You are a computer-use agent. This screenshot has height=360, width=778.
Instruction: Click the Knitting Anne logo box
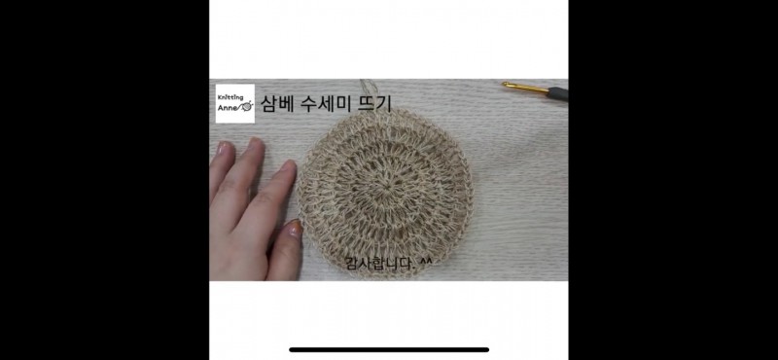(x=235, y=104)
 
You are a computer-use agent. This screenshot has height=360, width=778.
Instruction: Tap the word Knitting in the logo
(x=230, y=97)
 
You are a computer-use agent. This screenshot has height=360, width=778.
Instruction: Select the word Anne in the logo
(x=228, y=107)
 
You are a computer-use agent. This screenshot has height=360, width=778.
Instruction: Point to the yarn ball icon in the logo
(x=247, y=106)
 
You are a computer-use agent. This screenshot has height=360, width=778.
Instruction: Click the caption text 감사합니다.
(x=379, y=264)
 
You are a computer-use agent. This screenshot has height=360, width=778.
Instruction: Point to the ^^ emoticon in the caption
(x=426, y=261)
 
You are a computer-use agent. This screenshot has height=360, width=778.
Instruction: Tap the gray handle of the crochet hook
(x=558, y=93)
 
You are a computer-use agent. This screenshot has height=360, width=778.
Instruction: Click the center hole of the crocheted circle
(x=384, y=188)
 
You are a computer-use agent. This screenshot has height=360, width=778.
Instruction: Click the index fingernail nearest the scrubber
(x=289, y=166)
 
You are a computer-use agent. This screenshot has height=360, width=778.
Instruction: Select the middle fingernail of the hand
(x=256, y=143)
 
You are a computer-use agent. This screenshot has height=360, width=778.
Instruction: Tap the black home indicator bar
(x=389, y=349)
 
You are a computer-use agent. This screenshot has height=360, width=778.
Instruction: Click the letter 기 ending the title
(x=385, y=103)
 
